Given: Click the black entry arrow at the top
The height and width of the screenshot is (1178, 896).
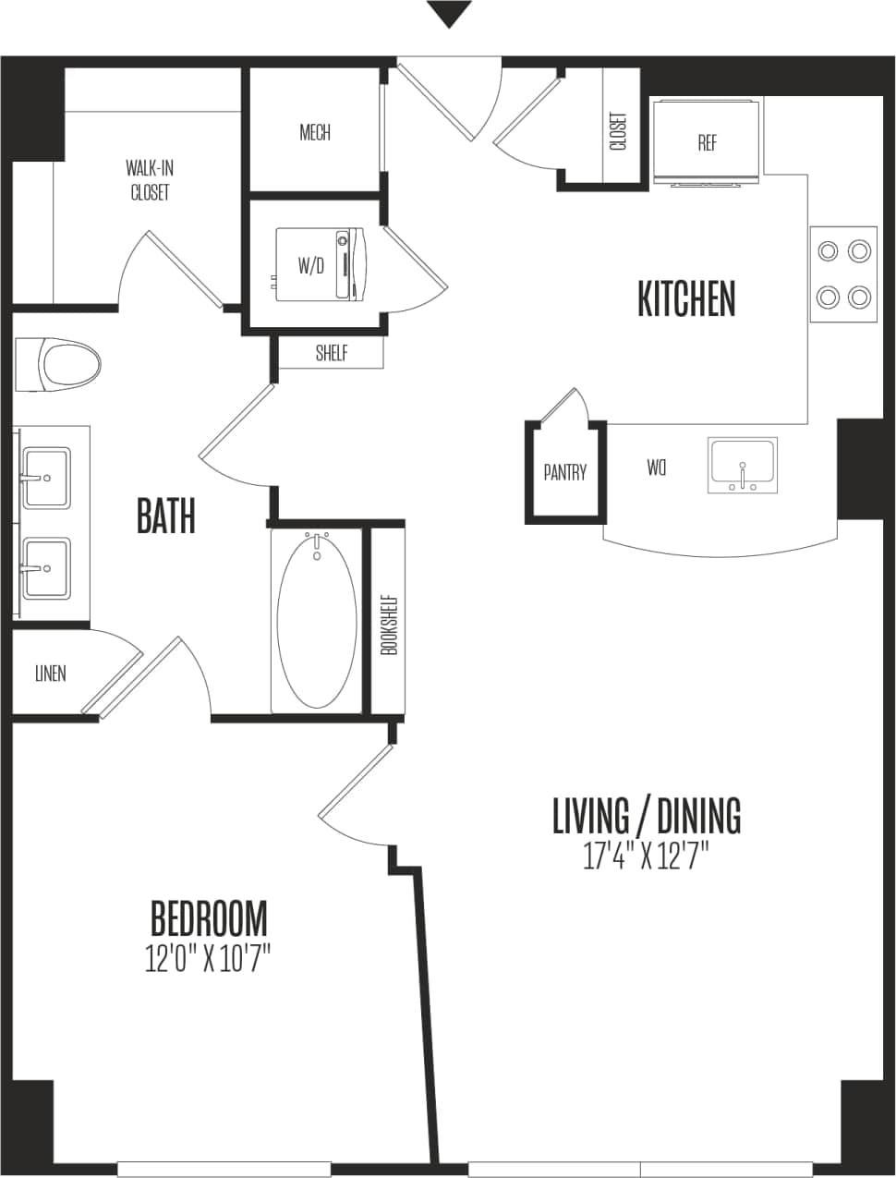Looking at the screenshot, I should (449, 14).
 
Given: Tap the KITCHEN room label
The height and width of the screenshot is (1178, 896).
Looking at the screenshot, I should (686, 299).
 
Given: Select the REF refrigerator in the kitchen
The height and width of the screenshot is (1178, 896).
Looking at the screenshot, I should (707, 142).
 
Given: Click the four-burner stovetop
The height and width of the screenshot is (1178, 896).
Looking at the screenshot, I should (843, 273).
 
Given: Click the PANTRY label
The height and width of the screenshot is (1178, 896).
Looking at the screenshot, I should (564, 472).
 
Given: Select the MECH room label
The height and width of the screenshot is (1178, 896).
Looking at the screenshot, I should (314, 132).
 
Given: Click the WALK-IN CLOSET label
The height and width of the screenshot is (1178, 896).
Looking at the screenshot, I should (150, 180).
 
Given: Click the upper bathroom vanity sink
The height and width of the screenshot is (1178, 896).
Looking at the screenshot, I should (45, 478).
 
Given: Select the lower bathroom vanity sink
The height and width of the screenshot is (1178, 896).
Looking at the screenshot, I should (45, 568).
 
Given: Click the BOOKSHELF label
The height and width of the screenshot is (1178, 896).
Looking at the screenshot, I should (389, 625).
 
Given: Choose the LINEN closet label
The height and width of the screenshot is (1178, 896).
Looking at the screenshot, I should (50, 673).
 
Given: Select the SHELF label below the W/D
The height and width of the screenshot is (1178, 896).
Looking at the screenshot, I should (331, 352).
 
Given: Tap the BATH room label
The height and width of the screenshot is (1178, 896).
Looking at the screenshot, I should (166, 516).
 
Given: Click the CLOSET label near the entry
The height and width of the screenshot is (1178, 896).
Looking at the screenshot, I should (618, 131).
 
